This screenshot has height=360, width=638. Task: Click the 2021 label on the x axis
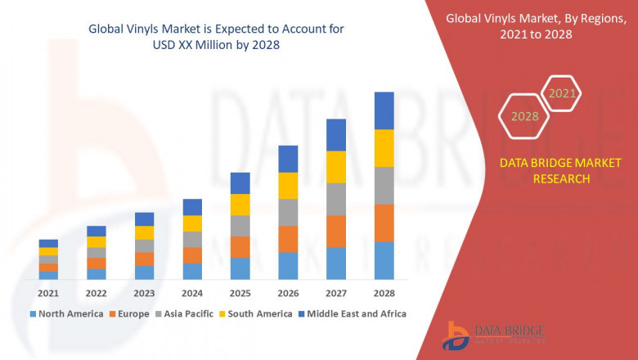48,293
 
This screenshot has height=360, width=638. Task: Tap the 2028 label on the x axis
384,293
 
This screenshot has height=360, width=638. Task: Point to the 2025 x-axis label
240,293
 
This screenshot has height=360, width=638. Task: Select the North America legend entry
66,313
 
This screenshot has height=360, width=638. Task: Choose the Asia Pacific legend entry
189,313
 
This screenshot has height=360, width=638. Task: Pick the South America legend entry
258,313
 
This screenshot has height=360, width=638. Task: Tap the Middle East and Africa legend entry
356,313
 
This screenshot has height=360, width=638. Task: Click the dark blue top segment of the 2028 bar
384,110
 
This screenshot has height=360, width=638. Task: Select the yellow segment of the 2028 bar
384,148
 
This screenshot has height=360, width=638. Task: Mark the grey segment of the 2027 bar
336,199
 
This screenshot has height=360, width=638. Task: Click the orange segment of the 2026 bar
288,239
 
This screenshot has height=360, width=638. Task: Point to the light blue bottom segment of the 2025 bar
240,268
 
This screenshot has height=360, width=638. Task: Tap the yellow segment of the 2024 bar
192,223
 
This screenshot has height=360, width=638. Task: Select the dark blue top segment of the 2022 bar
97,231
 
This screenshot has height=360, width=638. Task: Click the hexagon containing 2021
562,93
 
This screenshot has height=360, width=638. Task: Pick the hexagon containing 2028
524,116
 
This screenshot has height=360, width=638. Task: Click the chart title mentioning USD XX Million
215,37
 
